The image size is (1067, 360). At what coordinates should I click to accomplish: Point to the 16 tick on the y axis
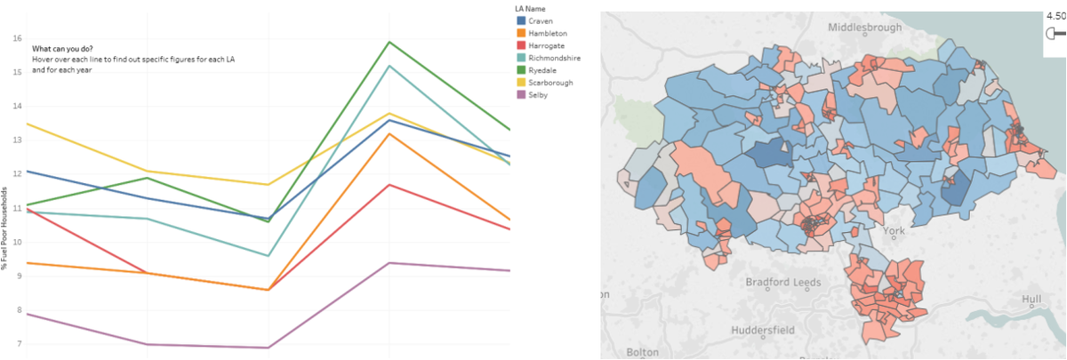click(17, 38)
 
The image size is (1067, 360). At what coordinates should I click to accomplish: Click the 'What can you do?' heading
click(63, 48)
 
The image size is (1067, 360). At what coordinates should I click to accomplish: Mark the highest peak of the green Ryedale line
click(389, 42)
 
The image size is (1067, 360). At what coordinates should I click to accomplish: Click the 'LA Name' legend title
click(531, 8)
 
